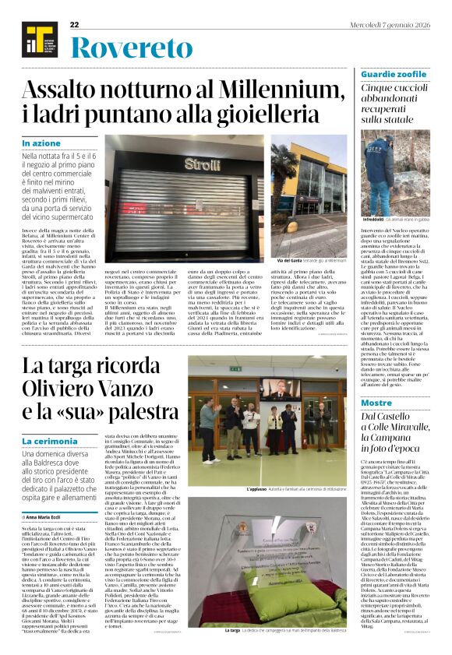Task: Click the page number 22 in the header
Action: pyautogui.click(x=75, y=25)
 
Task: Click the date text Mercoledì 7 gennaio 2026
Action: pyautogui.click(x=389, y=25)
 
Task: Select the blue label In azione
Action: pyautogui.click(x=41, y=143)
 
